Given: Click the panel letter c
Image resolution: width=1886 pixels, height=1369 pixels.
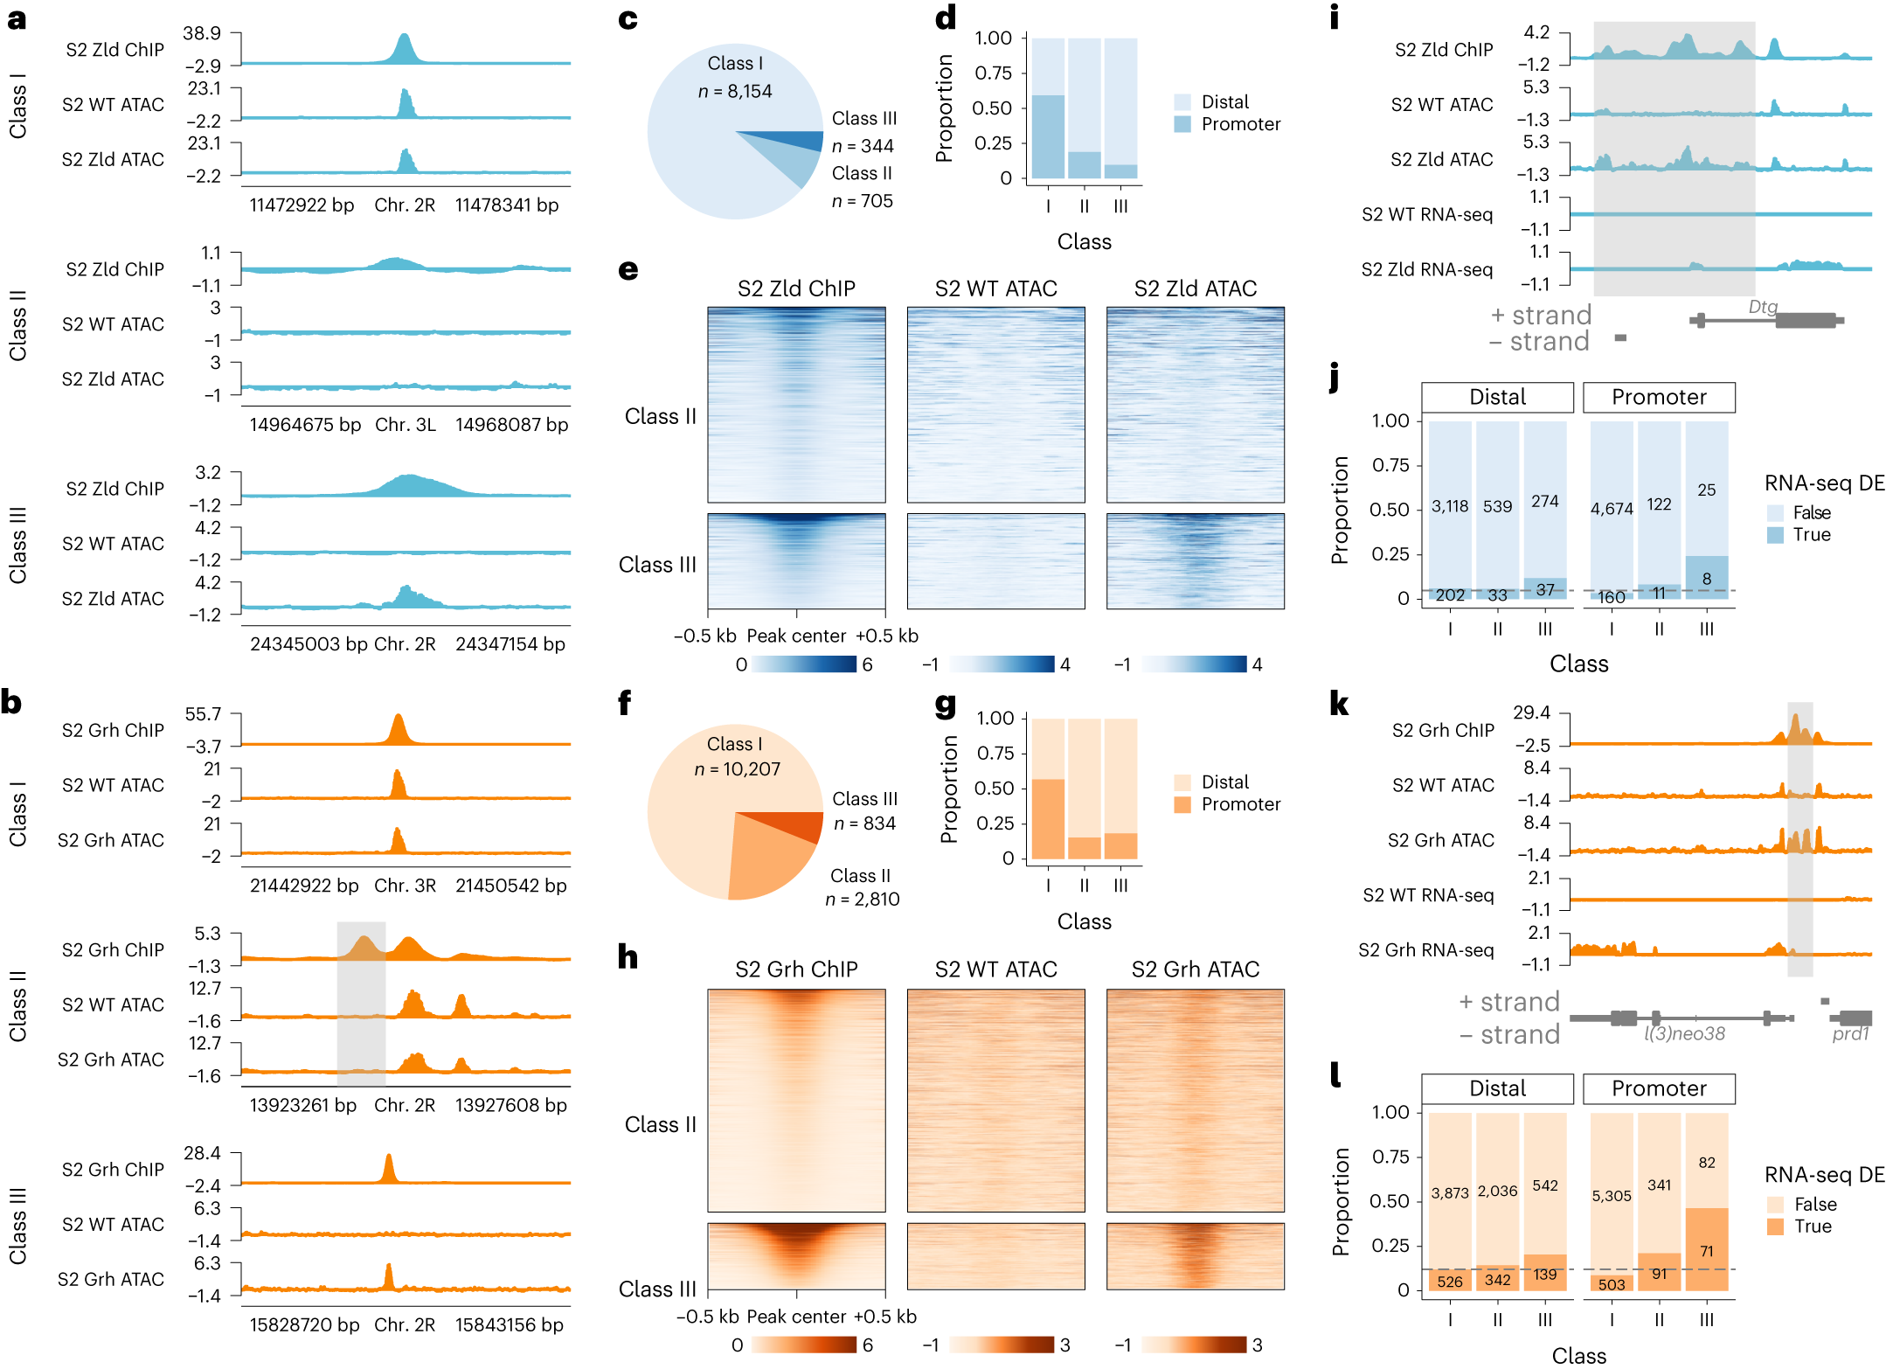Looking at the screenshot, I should tap(628, 19).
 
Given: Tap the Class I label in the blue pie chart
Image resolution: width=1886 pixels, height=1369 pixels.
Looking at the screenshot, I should tap(735, 64).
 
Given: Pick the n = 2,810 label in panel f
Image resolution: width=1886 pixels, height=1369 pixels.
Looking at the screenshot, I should tap(863, 899).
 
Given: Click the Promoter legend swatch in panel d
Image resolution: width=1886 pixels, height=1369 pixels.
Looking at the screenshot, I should tap(1182, 124).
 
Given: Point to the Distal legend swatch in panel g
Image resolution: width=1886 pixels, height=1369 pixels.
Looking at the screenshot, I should tap(1182, 782).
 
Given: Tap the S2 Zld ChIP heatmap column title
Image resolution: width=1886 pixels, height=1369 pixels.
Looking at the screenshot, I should tap(796, 288).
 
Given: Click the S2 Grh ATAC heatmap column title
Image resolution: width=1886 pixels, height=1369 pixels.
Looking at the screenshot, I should tap(1195, 969).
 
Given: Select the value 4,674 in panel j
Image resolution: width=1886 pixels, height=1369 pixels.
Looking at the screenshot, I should tap(1612, 509).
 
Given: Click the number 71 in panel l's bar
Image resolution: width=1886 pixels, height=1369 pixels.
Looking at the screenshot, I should tap(1706, 1251).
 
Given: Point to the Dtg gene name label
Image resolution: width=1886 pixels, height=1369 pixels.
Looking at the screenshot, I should tap(1762, 307).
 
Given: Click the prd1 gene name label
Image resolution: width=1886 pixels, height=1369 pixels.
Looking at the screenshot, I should tap(1849, 1034).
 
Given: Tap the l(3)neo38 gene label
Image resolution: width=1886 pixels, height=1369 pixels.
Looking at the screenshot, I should tap(1684, 1034).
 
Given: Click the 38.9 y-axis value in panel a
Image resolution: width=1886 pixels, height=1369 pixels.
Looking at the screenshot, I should tap(202, 33).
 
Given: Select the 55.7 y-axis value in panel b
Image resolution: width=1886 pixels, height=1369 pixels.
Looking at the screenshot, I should tap(203, 714).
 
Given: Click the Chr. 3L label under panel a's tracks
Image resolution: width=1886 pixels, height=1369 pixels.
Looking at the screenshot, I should tap(405, 425).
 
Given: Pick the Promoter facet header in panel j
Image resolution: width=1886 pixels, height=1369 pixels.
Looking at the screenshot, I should tap(1658, 397).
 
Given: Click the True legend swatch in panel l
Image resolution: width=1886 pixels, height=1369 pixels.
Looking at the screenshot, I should tap(1775, 1227).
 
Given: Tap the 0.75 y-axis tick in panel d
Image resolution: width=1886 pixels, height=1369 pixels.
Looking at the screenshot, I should tap(993, 73).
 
